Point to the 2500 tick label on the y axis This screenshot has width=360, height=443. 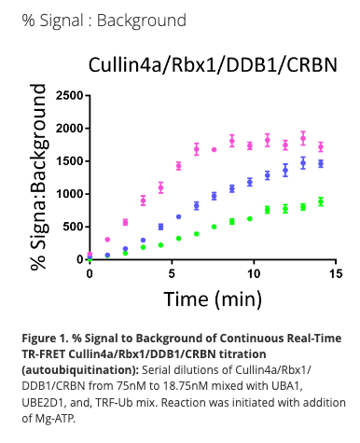coord(68,96)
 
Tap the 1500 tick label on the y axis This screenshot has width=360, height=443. coord(68,161)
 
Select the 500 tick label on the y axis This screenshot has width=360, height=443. coord(71,227)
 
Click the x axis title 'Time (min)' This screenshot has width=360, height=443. coord(213,299)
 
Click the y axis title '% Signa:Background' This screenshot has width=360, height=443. coord(39,177)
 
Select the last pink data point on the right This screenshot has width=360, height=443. coord(321,146)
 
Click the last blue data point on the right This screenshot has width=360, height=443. coord(321,163)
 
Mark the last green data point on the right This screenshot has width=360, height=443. coord(321,201)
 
